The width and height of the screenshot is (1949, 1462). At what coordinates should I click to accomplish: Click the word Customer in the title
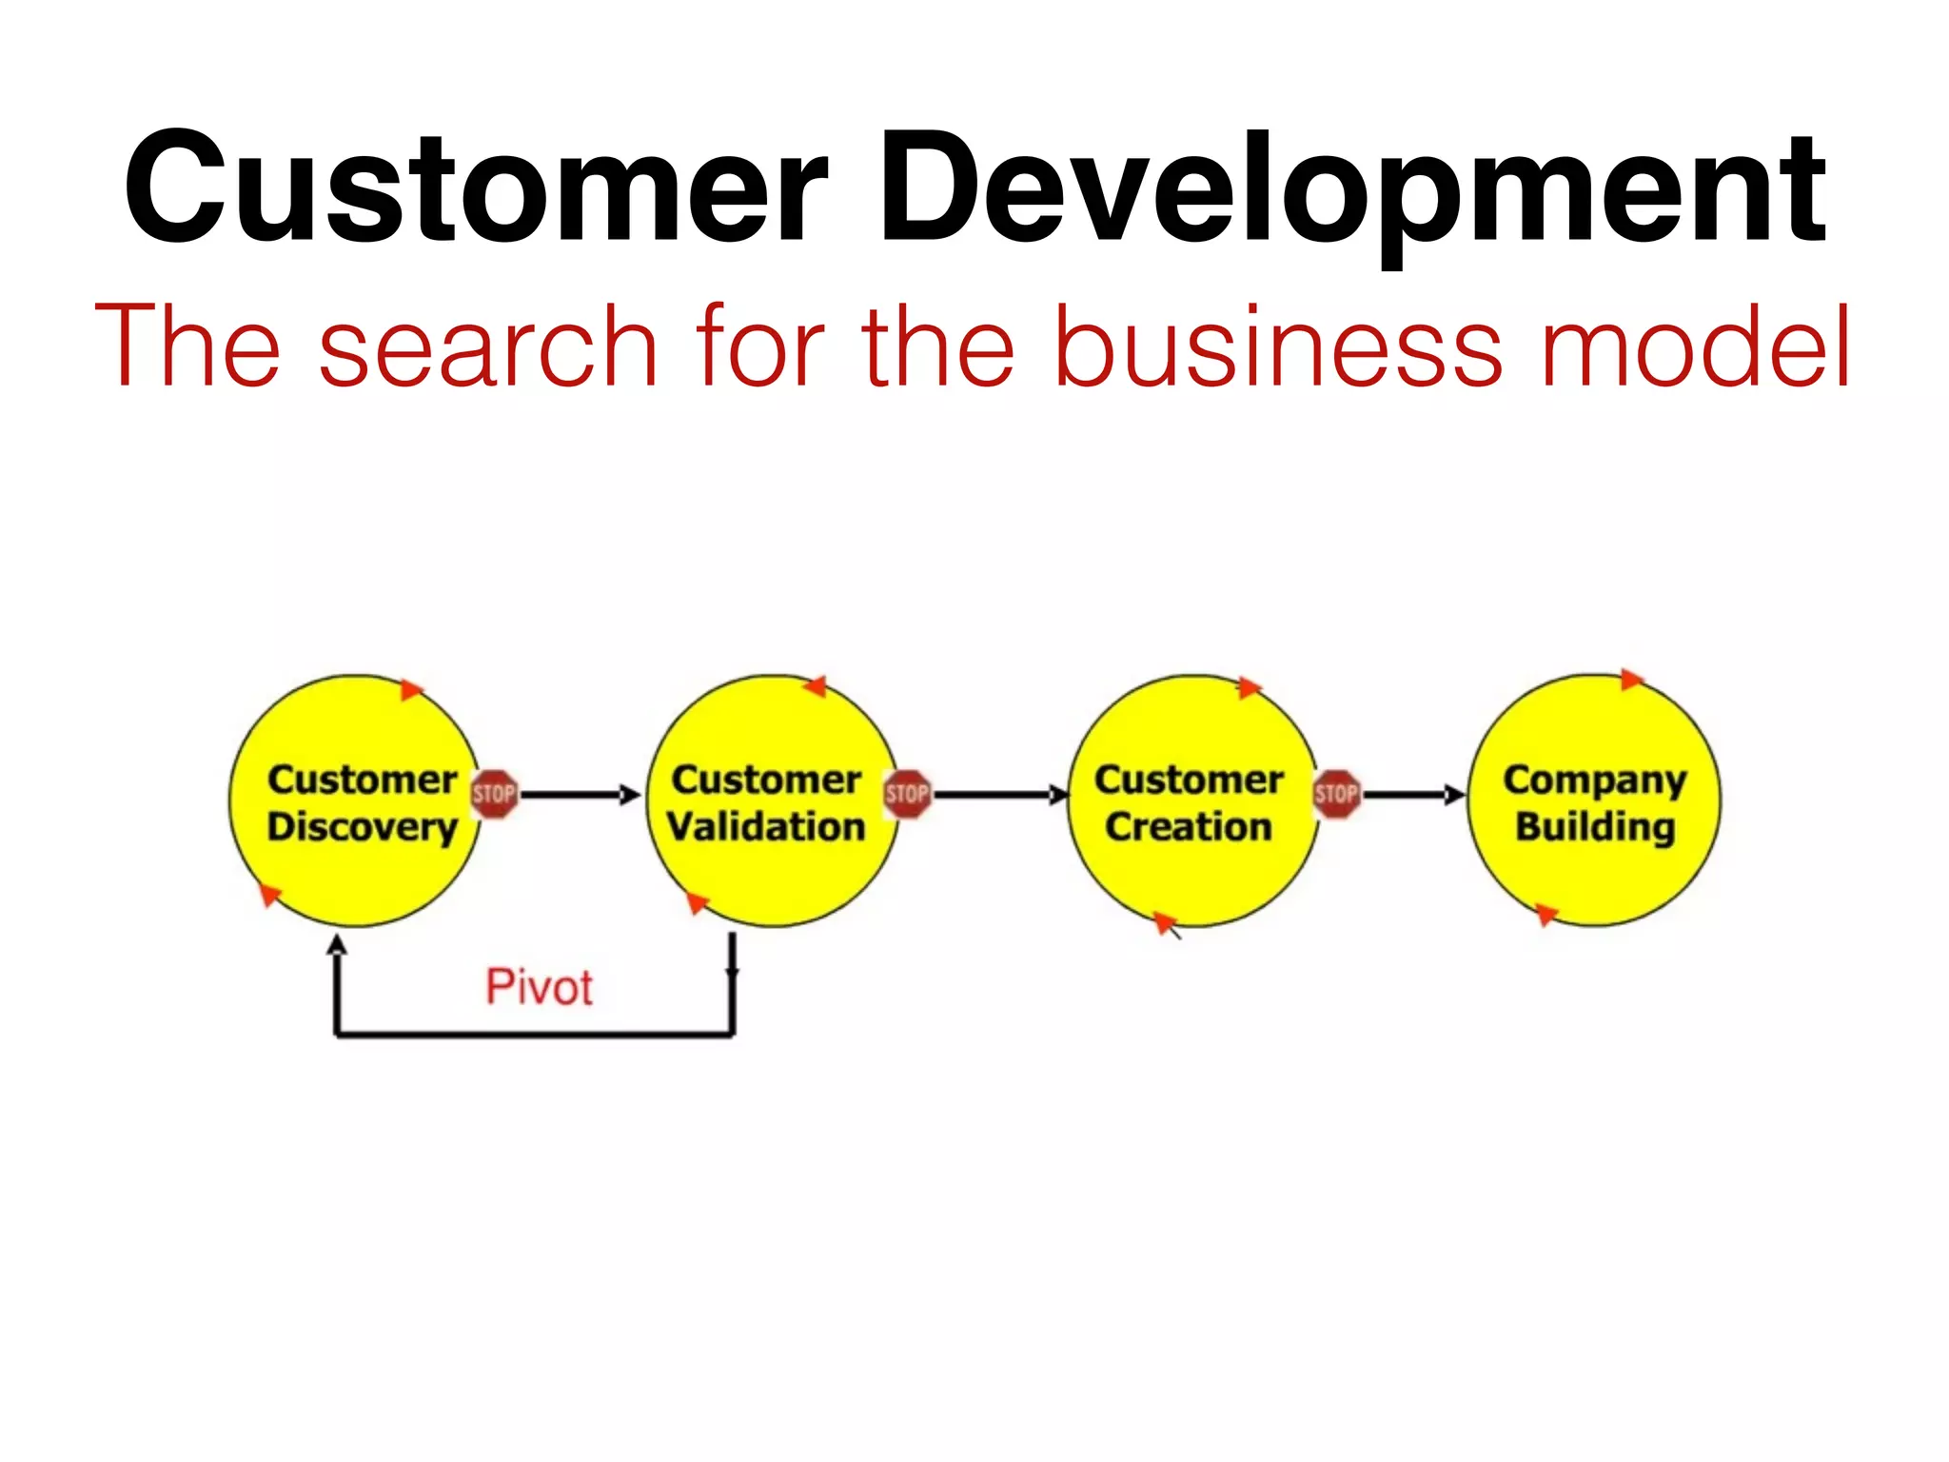pos(476,188)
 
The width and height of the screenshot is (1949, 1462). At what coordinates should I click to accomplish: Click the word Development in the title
pos(1351,188)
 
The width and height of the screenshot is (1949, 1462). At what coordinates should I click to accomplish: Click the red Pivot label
pos(539,986)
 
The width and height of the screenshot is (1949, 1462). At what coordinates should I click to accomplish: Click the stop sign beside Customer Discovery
pos(494,794)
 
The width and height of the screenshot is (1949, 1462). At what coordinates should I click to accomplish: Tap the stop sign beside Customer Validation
pos(907,794)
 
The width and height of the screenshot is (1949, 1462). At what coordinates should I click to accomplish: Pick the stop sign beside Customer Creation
pos(1337,794)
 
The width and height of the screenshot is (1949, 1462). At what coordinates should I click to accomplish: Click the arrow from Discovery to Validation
pos(581,795)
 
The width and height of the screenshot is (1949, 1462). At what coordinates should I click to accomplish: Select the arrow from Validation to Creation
pos(999,795)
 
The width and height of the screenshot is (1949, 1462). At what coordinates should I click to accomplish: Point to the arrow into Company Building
pos(1413,795)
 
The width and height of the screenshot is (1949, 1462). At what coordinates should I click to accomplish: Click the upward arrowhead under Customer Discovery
pos(337,944)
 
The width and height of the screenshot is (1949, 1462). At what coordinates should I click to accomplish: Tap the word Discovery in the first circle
pos(362,826)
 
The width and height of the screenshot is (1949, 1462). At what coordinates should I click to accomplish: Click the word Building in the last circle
pos(1595,826)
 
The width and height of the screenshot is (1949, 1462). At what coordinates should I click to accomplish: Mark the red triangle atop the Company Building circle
pos(1631,679)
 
